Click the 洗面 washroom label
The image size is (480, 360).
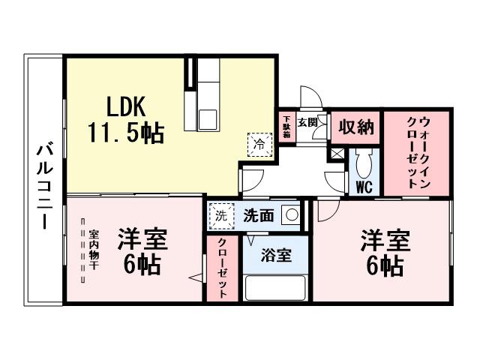(258, 215)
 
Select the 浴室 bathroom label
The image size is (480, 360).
(275, 256)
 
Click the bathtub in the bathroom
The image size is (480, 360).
(275, 287)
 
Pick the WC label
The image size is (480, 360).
(364, 185)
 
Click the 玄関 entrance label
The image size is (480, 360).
(307, 122)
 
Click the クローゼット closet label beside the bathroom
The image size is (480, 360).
(223, 268)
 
